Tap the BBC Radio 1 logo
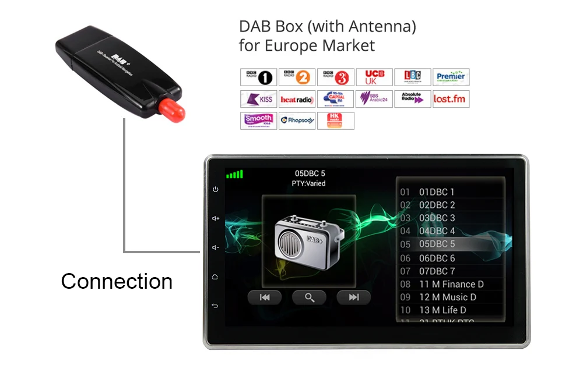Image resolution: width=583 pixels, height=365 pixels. (258, 77)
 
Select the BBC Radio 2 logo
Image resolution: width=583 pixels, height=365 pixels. (297, 77)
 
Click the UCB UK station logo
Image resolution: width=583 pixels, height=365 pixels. (374, 77)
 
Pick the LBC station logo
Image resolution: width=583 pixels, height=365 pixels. (412, 77)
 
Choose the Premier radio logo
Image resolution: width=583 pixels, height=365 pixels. (451, 77)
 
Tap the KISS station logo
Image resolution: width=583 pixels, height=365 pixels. (258, 99)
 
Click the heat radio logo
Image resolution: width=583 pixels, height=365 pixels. (297, 99)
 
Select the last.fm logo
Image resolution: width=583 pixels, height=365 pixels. (451, 99)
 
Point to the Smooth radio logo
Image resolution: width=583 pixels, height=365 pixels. (258, 121)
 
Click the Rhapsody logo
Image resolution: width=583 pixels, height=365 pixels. (297, 121)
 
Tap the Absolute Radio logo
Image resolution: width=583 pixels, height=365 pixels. (412, 99)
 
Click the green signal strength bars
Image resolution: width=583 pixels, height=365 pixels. (234, 174)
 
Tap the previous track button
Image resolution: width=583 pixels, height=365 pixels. (265, 297)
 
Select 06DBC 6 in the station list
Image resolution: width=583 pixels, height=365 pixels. (437, 258)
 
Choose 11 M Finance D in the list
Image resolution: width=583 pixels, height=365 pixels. (451, 284)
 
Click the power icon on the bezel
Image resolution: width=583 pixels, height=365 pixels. (216, 190)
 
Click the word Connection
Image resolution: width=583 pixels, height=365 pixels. (117, 281)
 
